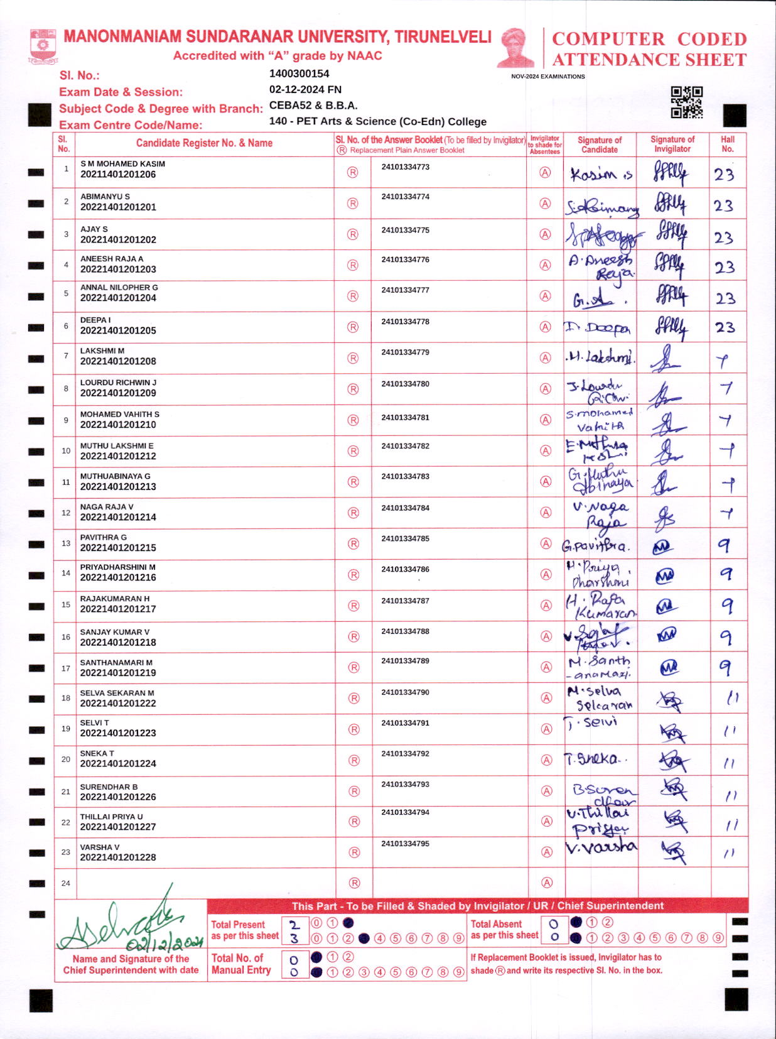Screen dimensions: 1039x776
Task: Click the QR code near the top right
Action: (x=686, y=102)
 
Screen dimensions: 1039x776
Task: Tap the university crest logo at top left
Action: (x=43, y=46)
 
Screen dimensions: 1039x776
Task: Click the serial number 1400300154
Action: (x=299, y=74)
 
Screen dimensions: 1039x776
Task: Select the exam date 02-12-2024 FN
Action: (x=305, y=90)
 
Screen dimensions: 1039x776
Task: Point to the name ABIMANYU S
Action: (x=105, y=197)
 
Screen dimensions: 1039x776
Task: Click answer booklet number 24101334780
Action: (x=405, y=384)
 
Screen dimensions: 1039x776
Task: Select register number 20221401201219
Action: (x=118, y=673)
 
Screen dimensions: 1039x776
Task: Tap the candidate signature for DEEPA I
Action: (x=598, y=328)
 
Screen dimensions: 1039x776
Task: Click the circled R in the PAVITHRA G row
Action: (x=353, y=544)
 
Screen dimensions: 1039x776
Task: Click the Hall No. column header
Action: (x=728, y=144)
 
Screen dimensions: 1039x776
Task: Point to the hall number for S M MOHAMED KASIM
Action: (x=724, y=175)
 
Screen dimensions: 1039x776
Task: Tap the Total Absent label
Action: (x=496, y=924)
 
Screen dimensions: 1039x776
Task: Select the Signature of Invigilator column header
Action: (x=672, y=144)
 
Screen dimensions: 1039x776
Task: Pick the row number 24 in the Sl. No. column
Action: (x=66, y=883)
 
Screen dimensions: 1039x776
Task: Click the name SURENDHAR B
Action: (x=109, y=786)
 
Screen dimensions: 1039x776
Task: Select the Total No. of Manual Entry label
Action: (x=241, y=964)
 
